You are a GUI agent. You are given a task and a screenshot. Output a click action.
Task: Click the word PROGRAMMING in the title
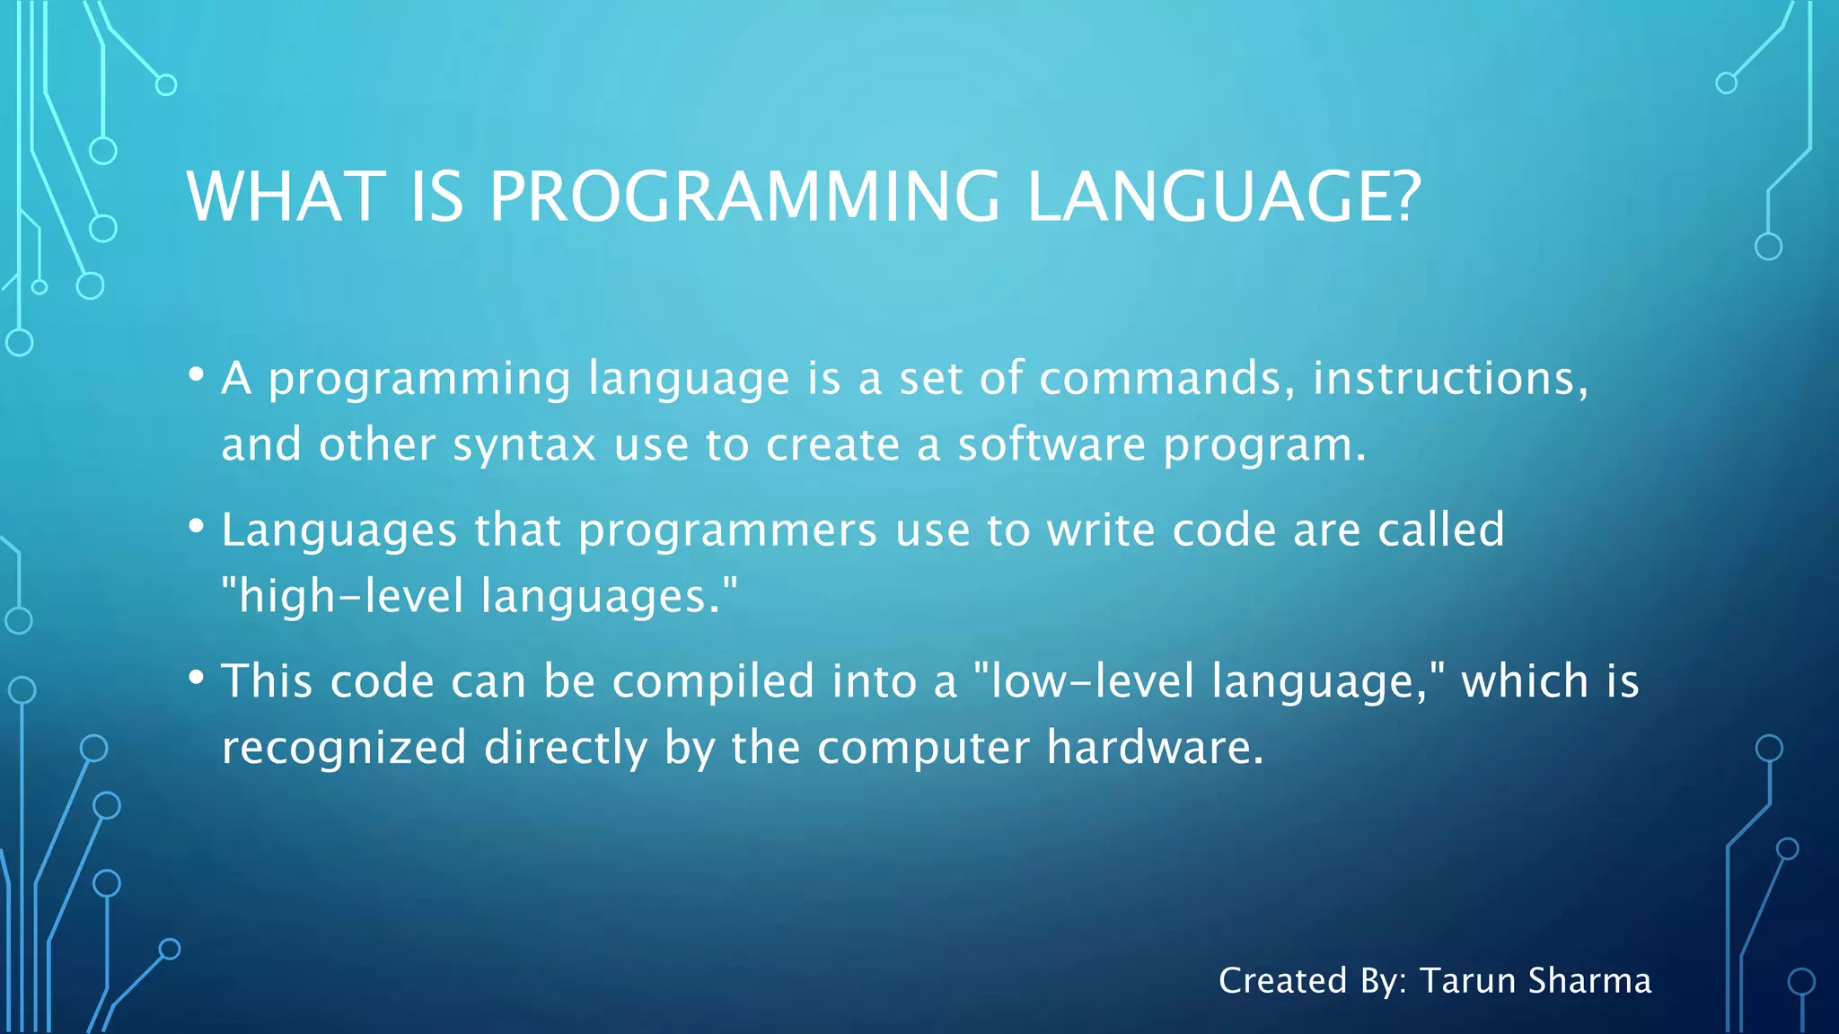(744, 197)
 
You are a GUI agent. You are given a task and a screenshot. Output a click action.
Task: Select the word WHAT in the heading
(286, 197)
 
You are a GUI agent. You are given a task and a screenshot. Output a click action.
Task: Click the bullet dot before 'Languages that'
(196, 527)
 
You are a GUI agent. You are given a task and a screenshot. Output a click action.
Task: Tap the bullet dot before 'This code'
(196, 679)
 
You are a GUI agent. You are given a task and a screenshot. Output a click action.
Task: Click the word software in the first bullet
(1051, 444)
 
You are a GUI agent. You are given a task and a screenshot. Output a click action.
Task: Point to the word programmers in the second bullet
(727, 530)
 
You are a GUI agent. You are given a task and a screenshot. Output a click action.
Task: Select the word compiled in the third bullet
(713, 681)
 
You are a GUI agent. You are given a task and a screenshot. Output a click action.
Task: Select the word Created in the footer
(1282, 981)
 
